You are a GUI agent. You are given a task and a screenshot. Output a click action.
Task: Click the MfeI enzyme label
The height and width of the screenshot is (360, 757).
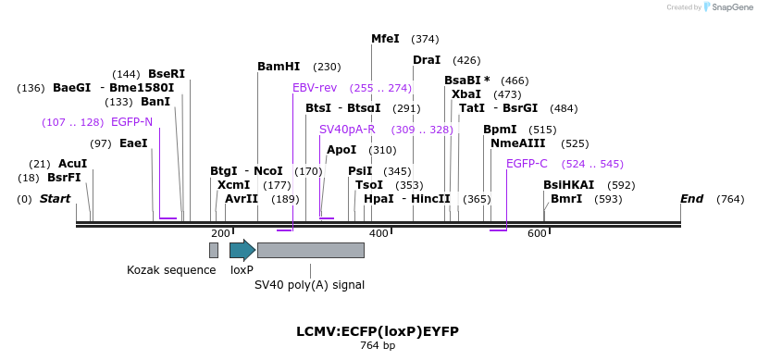click(385, 39)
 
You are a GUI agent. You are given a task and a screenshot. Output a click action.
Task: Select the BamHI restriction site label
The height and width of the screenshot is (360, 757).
click(279, 67)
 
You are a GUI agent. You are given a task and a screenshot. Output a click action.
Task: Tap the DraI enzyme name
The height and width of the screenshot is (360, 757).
click(427, 60)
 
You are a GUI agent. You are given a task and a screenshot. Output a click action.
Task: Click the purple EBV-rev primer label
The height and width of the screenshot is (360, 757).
click(315, 88)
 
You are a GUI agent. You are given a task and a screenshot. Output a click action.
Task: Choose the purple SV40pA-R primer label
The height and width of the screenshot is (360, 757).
click(347, 130)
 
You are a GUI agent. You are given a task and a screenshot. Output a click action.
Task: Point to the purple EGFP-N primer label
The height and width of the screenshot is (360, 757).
click(131, 122)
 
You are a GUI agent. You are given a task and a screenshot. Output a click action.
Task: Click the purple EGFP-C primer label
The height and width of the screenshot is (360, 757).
click(527, 164)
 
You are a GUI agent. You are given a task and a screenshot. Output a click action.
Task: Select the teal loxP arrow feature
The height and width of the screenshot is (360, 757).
click(242, 250)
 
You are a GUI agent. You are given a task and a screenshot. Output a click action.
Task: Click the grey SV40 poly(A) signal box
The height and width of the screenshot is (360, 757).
click(310, 250)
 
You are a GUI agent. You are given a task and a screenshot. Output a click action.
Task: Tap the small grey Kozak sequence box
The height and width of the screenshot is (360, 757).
click(214, 250)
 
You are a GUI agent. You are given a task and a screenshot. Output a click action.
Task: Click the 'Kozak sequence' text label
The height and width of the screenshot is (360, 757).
click(170, 270)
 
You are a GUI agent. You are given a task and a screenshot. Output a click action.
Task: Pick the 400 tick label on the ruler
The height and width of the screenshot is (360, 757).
click(378, 233)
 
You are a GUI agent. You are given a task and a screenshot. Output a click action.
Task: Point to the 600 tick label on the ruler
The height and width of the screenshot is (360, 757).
click(537, 233)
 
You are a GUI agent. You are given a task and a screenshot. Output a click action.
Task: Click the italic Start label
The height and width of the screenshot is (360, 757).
click(55, 199)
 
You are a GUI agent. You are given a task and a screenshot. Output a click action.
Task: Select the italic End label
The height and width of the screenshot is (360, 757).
click(691, 199)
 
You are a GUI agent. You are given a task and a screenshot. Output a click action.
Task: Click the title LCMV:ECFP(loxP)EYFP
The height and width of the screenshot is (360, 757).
click(378, 331)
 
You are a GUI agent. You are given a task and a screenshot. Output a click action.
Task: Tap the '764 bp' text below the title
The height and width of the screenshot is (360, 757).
click(378, 345)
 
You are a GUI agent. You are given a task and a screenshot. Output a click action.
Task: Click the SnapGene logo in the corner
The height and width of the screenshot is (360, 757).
click(728, 7)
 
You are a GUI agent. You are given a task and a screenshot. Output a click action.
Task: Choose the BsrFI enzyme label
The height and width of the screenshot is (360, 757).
click(64, 178)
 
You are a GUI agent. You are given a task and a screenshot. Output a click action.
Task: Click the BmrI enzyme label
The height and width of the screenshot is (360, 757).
click(566, 199)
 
